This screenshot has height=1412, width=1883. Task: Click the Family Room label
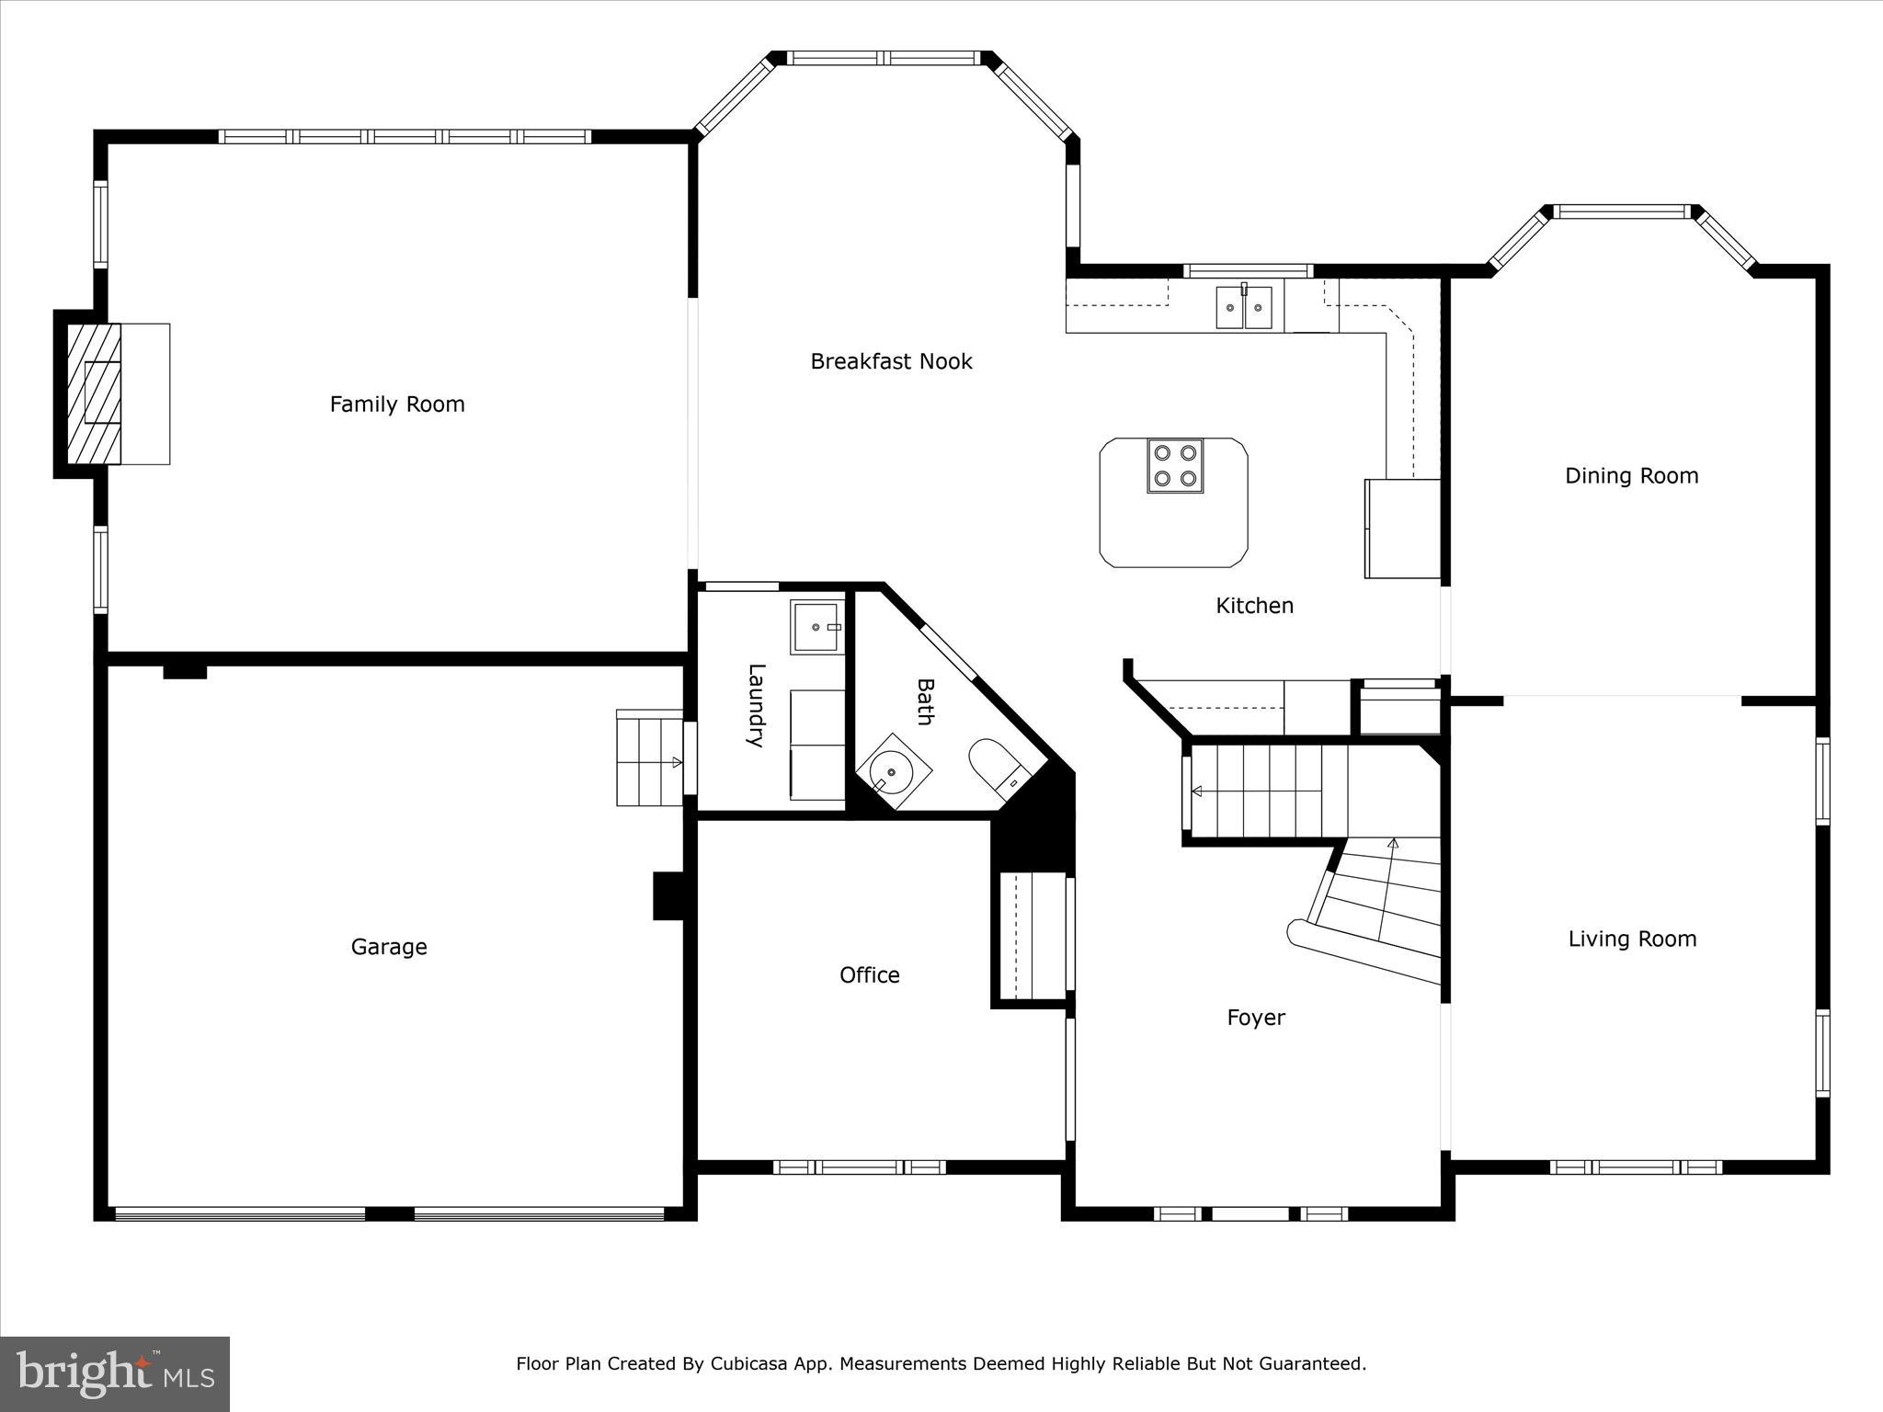pos(397,404)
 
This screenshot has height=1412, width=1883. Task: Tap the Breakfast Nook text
pos(891,361)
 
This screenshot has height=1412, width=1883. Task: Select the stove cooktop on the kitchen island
pos(1174,465)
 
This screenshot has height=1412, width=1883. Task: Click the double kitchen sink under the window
pos(1244,307)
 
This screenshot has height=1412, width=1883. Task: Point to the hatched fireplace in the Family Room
pos(95,393)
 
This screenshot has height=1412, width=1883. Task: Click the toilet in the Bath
pos(995,765)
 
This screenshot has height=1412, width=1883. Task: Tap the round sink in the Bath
pos(891,772)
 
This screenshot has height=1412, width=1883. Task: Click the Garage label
pos(389,947)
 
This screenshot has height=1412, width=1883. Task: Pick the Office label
pos(869,975)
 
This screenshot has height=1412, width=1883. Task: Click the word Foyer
pos(1256,1018)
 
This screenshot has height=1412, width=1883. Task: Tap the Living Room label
pos(1632,939)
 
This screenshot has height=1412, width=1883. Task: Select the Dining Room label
pos(1631,476)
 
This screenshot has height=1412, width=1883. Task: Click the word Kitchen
pos(1254,606)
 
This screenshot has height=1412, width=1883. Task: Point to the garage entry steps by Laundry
pos(649,759)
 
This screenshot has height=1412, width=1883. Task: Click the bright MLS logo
pos(115,1374)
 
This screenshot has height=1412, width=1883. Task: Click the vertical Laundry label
pos(755,705)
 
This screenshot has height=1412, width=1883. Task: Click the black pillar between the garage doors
pos(390,1213)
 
